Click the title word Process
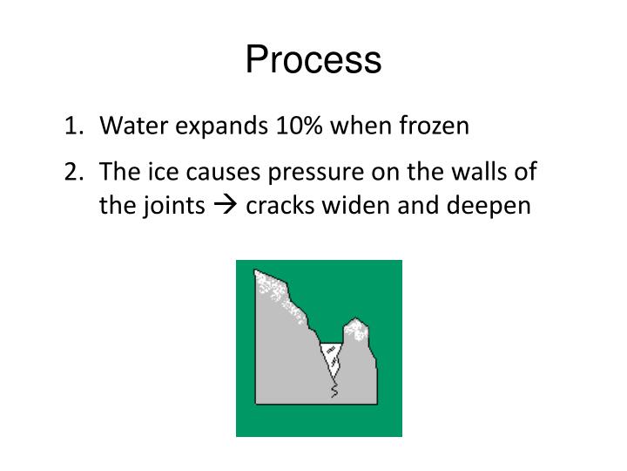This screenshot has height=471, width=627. pyautogui.click(x=313, y=60)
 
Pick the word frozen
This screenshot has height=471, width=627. pyautogui.click(x=433, y=126)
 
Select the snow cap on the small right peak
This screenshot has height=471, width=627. pyautogui.click(x=355, y=327)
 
